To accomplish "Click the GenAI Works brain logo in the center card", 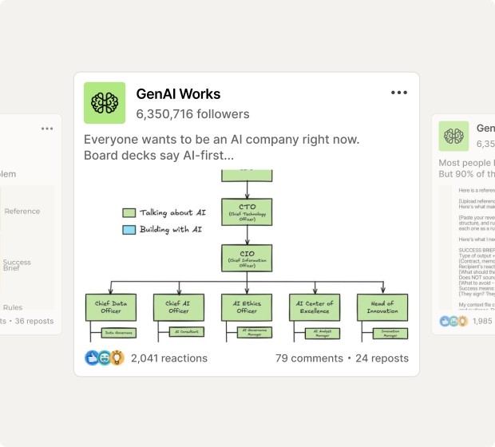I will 105,103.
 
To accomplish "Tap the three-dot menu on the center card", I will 399,93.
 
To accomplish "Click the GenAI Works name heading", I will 178,94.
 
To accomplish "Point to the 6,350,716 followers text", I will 192,114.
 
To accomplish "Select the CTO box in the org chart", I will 247,212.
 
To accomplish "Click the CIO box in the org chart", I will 247,258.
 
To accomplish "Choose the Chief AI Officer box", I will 178,307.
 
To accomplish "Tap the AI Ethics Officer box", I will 247,307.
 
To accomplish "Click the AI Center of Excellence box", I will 315,307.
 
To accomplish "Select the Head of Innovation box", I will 382,307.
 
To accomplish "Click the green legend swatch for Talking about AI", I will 129,213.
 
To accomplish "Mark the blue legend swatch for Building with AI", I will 129,230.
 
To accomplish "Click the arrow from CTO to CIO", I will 247,235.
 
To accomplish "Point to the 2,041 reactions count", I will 168,358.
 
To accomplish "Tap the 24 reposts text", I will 382,358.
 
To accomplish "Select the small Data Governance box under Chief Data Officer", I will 118,332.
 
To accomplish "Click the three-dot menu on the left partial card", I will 47,129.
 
